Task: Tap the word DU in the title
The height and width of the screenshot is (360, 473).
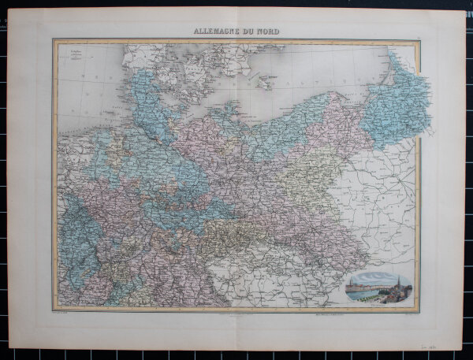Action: point(253,32)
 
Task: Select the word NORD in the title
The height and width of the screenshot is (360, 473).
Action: point(270,32)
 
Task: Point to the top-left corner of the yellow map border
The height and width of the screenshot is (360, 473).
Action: point(54,41)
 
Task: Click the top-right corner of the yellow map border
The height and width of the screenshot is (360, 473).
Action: point(419,41)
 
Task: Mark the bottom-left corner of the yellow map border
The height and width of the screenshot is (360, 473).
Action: point(54,310)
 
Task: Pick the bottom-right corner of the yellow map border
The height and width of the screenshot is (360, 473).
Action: point(419,310)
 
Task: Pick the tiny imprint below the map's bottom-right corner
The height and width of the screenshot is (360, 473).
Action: point(407,314)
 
